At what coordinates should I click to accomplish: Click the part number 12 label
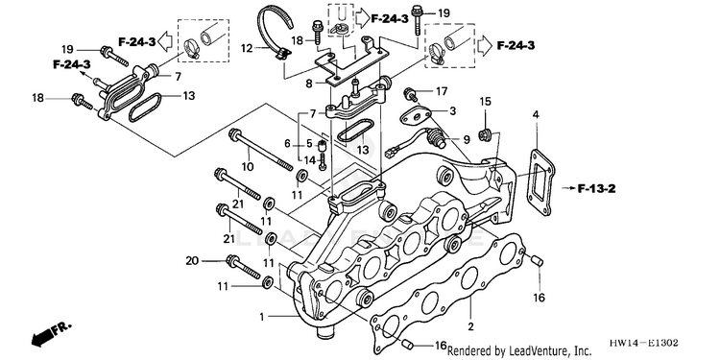click(247, 48)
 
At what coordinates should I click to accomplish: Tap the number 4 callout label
click(536, 114)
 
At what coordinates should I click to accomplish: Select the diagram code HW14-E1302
click(643, 343)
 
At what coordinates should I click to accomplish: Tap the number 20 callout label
click(193, 261)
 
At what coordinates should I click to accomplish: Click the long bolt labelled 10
click(262, 150)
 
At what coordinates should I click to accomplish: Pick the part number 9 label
click(467, 139)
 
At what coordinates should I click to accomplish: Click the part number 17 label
click(441, 92)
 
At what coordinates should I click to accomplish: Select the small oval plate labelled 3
click(416, 116)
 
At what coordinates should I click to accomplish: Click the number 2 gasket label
click(470, 326)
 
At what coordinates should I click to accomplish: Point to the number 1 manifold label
click(262, 317)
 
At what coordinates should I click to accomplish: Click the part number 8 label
click(308, 84)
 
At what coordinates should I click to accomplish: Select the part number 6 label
click(287, 144)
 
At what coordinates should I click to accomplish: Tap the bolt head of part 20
click(232, 261)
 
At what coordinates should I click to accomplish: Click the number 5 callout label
click(309, 143)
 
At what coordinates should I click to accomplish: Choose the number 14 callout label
click(310, 160)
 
